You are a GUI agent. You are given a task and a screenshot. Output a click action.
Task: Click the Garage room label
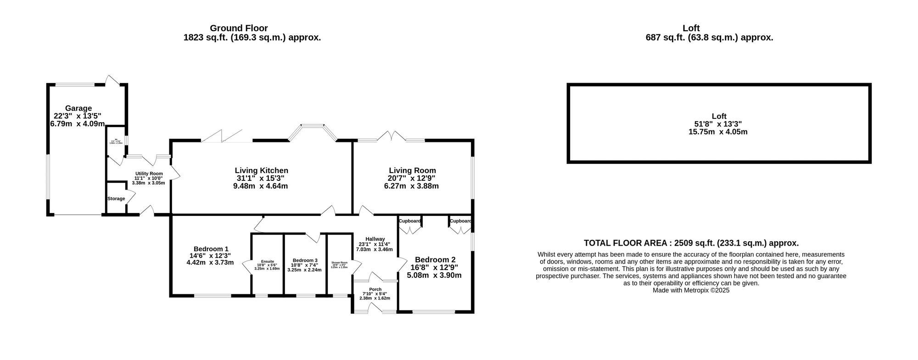tap(78, 108)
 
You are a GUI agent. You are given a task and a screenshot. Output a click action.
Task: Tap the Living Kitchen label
tap(261, 170)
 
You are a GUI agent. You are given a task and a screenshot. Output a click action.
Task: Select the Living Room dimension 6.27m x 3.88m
tap(411, 186)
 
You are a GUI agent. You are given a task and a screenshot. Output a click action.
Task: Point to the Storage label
tap(116, 199)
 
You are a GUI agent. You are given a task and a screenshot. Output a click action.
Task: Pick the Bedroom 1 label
tap(211, 248)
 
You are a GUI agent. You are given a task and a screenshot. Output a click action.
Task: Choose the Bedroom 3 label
tap(305, 260)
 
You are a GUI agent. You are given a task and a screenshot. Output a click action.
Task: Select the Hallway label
tap(375, 239)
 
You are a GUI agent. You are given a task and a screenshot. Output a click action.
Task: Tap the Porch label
tap(375, 289)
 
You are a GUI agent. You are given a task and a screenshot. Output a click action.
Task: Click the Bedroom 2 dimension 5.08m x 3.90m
tap(434, 276)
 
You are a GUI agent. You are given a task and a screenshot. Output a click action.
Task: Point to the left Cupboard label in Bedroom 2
tap(409, 221)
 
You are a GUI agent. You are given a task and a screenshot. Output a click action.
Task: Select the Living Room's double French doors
tap(392, 136)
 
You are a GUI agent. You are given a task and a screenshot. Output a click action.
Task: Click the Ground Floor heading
tap(238, 28)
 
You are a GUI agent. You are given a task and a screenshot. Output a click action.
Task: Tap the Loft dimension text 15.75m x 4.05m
tap(718, 132)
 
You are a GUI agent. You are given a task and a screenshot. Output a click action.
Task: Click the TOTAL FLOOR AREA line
tap(691, 243)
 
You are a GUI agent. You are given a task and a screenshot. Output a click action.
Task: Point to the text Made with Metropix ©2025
tap(691, 290)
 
